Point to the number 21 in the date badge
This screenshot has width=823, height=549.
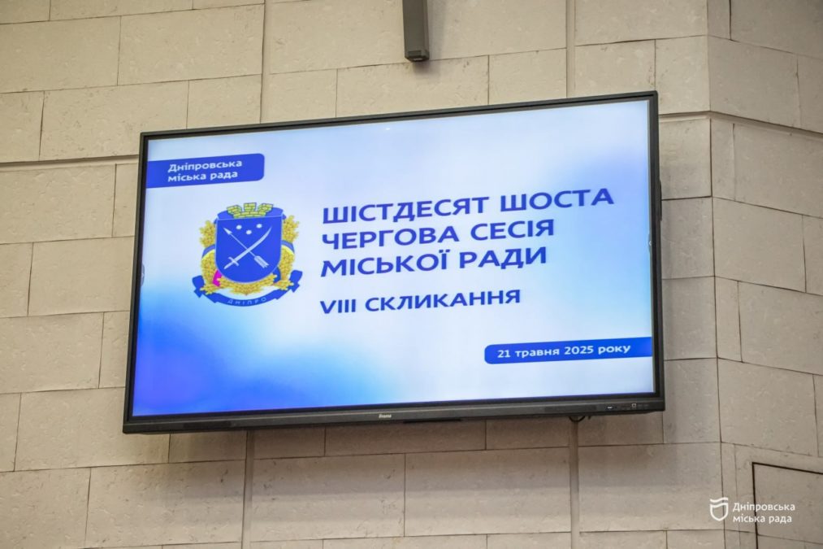click(505, 354)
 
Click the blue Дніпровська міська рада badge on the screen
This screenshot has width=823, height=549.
click(206, 170)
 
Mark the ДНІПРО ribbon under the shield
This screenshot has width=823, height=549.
click(247, 293)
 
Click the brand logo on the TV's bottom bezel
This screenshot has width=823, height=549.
click(385, 417)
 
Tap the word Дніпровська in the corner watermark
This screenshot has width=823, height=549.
click(763, 507)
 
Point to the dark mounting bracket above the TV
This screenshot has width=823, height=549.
click(417, 29)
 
